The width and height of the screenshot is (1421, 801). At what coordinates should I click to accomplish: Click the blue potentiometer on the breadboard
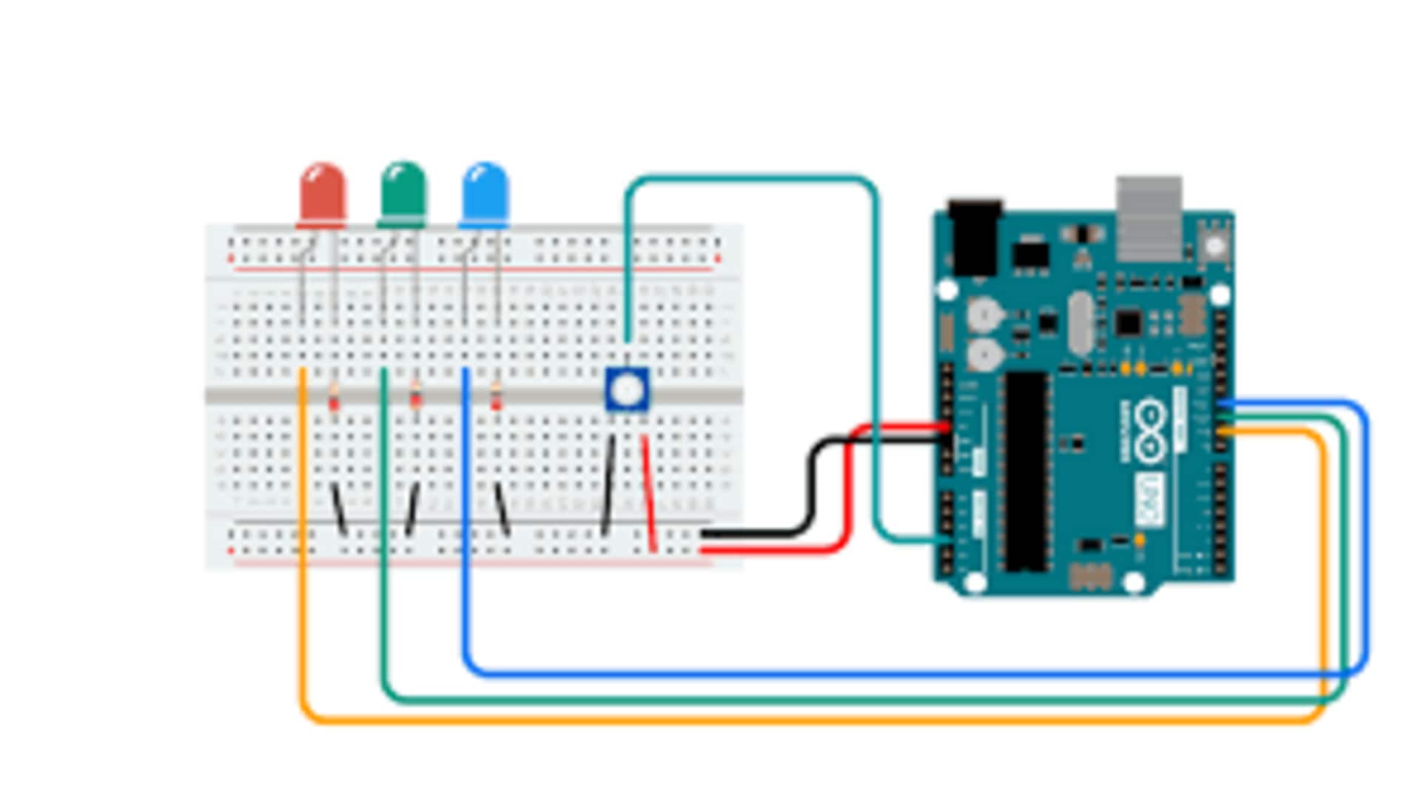[x=628, y=389]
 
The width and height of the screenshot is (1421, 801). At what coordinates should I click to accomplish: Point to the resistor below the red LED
[x=334, y=398]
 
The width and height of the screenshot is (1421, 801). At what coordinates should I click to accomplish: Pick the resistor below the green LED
[x=415, y=398]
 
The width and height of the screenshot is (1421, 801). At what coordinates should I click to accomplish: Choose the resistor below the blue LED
[x=496, y=398]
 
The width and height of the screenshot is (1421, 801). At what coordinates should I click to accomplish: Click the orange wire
[x=740, y=719]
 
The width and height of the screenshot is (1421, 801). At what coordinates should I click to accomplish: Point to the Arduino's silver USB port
[x=1149, y=218]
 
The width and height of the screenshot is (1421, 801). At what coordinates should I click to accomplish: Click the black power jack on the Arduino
[x=975, y=237]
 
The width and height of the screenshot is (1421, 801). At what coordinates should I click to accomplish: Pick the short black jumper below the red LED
[x=338, y=509]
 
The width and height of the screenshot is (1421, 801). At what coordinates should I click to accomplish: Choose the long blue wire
[x=888, y=674]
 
